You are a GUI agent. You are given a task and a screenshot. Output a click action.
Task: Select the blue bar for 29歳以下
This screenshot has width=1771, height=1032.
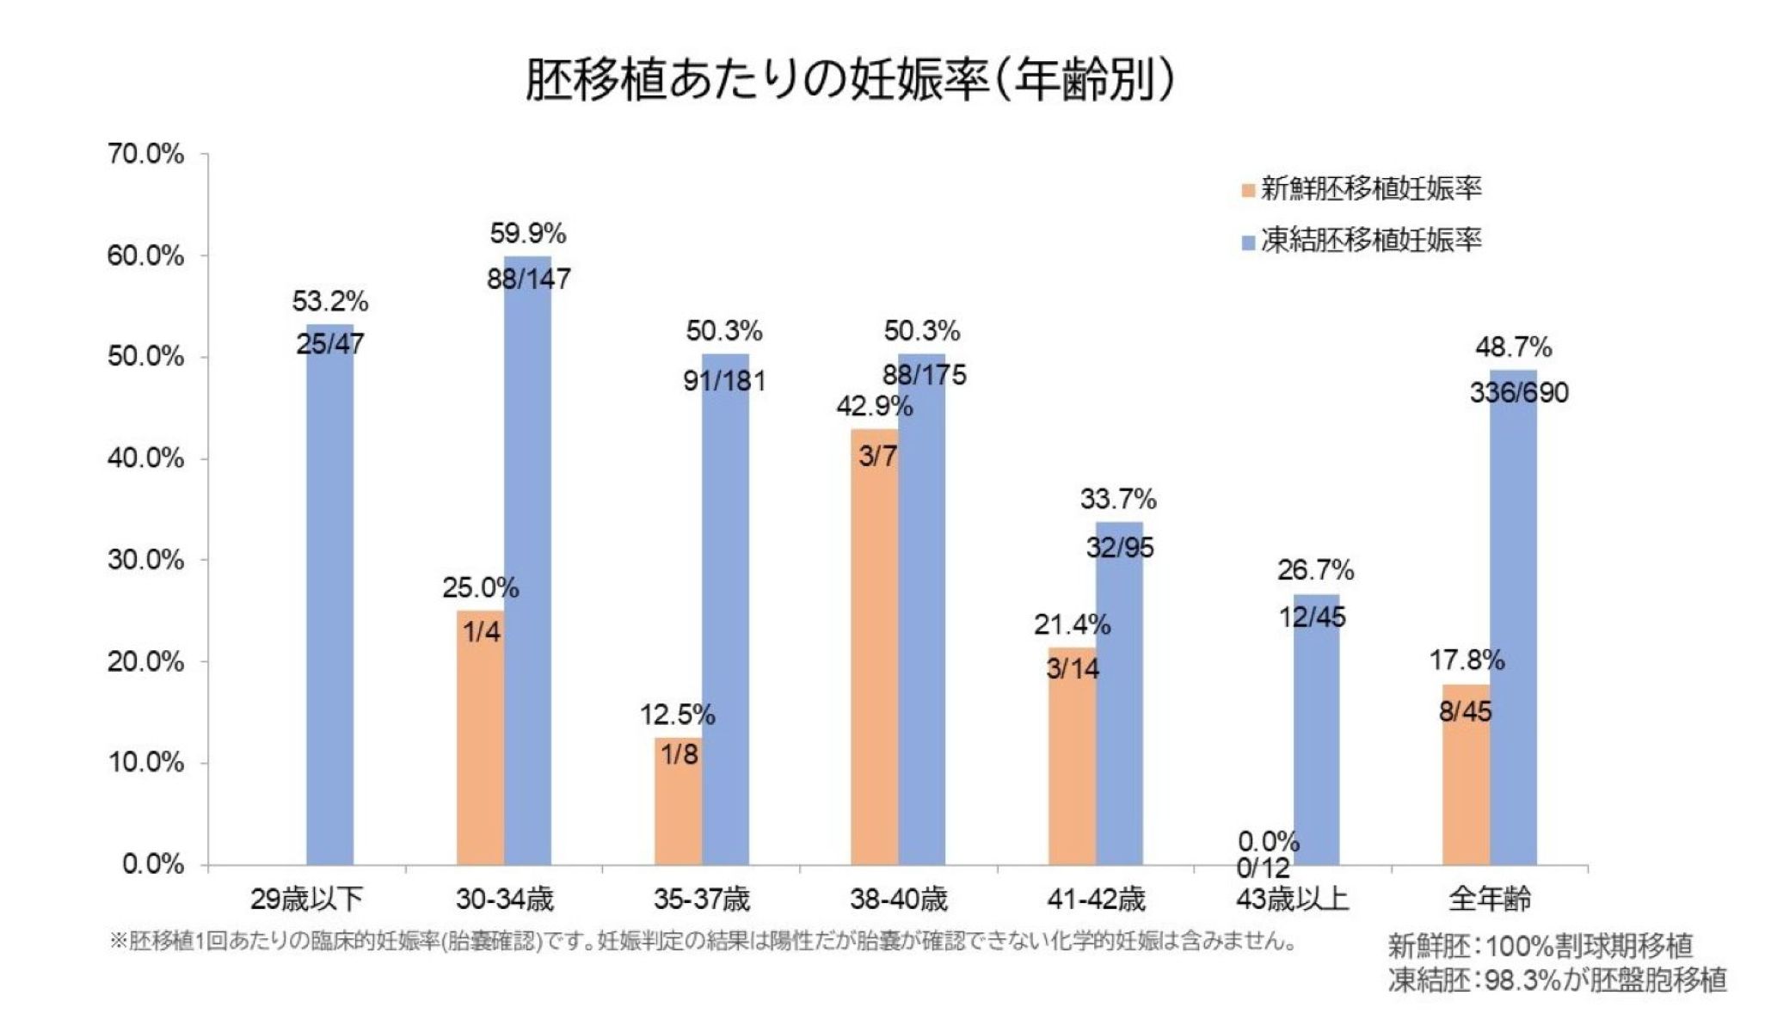click(x=330, y=602)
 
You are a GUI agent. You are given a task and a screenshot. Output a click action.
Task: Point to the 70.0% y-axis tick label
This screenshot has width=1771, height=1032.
click(x=145, y=155)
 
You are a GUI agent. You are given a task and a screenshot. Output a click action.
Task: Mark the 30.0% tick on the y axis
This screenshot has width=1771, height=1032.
click(x=145, y=561)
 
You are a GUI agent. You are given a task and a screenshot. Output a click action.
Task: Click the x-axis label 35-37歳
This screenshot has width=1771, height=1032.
click(x=701, y=900)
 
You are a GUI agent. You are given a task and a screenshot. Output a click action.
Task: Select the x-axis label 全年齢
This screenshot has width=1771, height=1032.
click(x=1489, y=900)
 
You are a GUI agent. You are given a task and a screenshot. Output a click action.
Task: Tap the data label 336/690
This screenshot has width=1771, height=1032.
click(x=1519, y=393)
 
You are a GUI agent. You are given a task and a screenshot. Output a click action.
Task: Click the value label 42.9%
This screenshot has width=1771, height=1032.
click(x=874, y=406)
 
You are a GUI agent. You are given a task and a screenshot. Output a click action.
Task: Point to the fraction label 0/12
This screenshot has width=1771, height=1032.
click(x=1263, y=869)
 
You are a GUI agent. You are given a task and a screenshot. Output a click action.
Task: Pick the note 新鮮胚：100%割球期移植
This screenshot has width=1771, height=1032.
click(x=1540, y=946)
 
